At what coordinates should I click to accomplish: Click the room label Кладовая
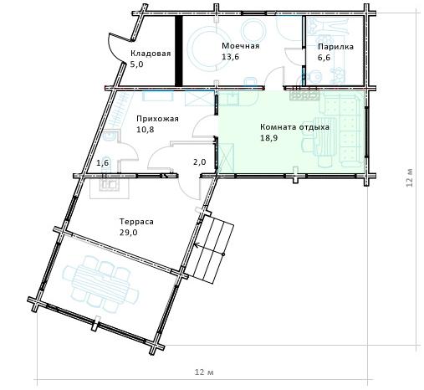[151, 54]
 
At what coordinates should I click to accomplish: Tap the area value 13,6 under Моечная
[230, 57]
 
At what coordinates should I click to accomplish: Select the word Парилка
[335, 47]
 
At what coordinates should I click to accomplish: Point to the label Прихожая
[157, 119]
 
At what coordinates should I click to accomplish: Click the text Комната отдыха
[294, 127]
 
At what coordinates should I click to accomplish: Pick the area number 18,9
[268, 138]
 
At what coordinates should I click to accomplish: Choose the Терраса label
[136, 222]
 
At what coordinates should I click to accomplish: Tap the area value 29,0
[129, 233]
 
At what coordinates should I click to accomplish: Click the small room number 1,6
[102, 162]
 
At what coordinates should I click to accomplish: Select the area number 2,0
[200, 162]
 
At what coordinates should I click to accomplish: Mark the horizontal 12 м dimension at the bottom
[204, 372]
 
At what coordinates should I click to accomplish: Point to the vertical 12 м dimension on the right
[409, 177]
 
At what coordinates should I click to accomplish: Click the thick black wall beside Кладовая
[178, 50]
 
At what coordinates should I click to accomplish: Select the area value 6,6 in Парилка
[324, 58]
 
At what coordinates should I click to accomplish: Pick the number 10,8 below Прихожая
[146, 130]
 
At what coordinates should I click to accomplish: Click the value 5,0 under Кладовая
[136, 64]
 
